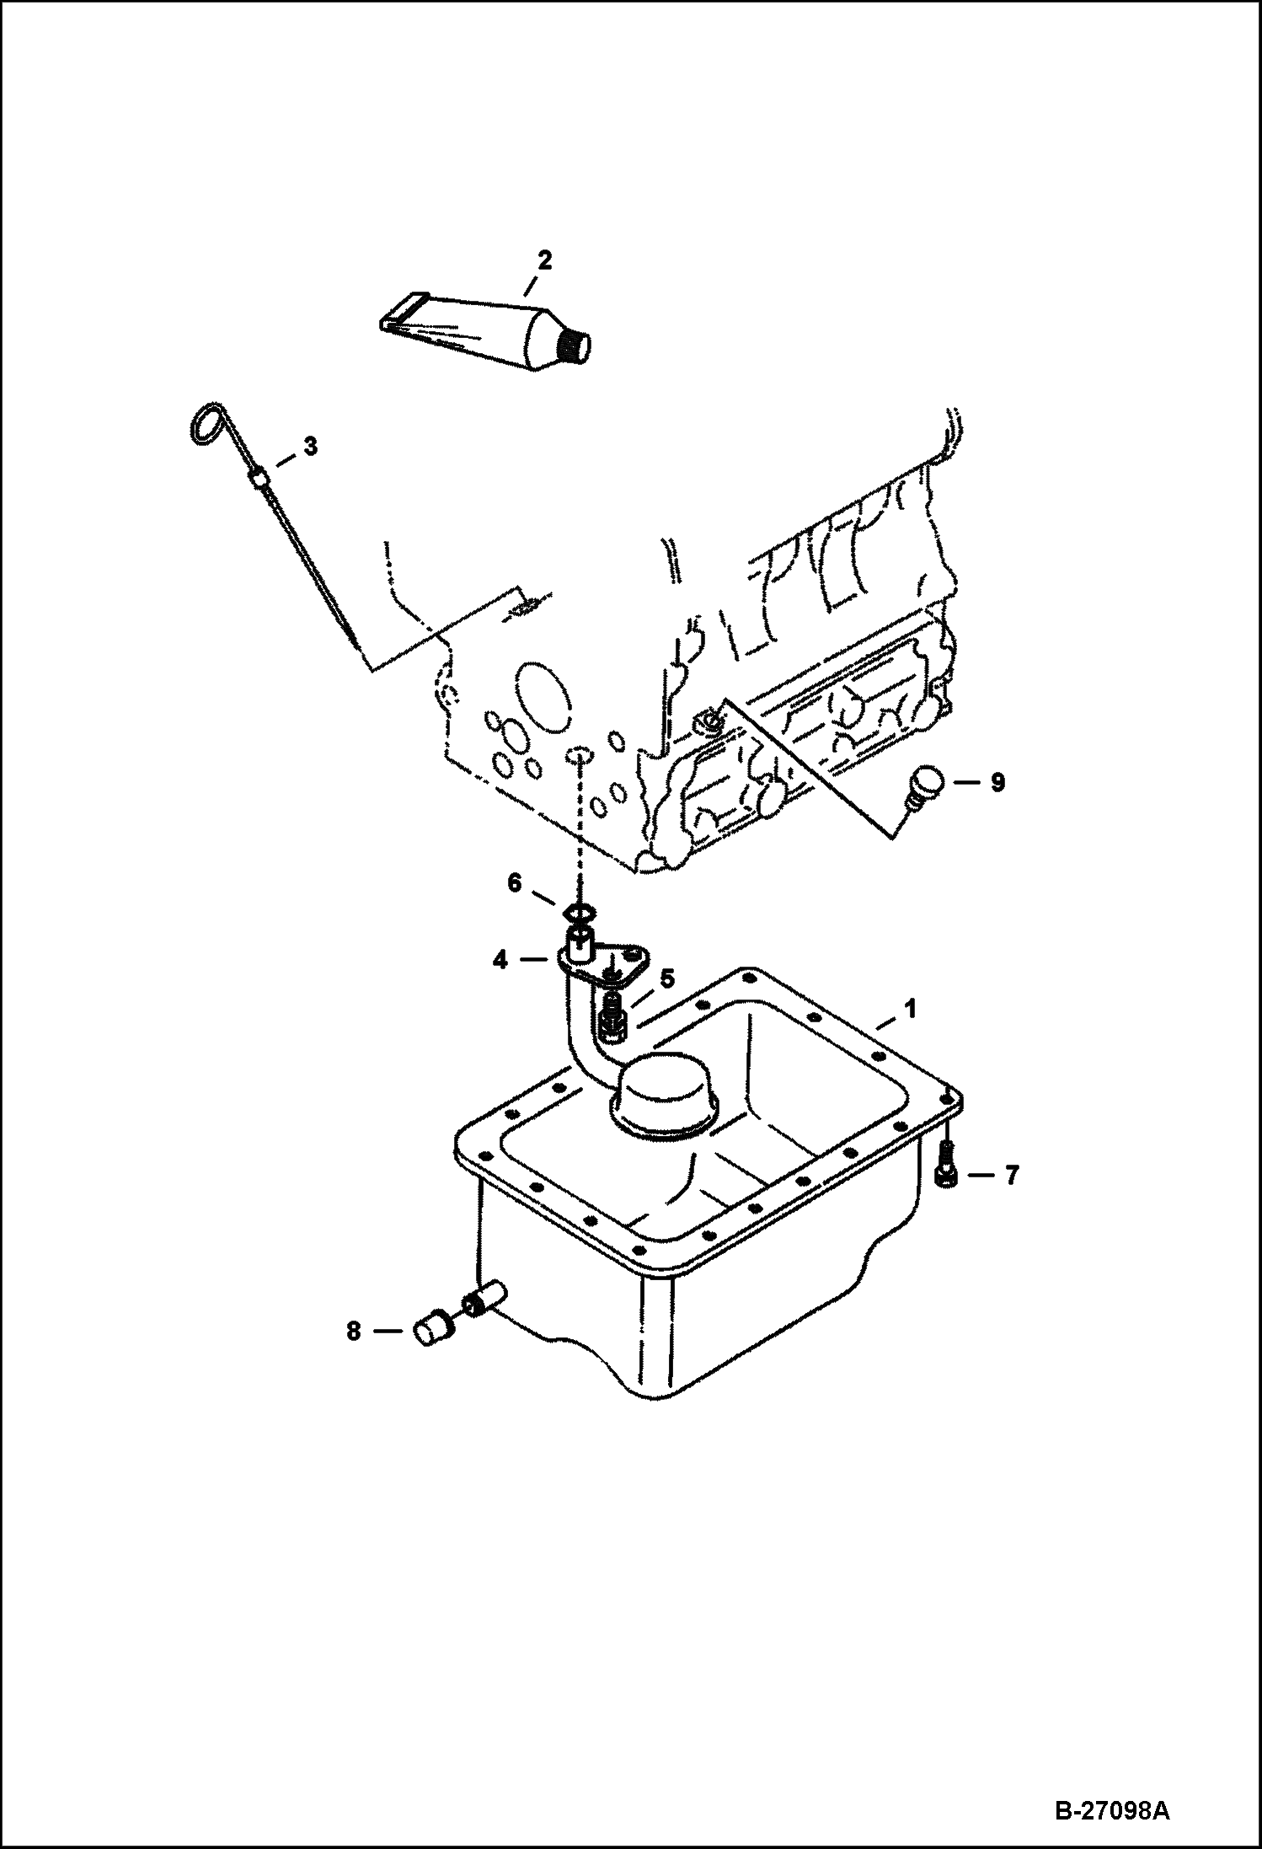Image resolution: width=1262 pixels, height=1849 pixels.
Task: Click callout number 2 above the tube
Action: click(x=544, y=261)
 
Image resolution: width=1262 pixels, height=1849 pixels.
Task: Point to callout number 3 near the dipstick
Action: click(x=310, y=448)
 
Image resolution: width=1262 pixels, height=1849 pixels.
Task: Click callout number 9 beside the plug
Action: click(x=997, y=783)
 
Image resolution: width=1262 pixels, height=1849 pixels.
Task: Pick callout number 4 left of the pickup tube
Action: click(x=500, y=959)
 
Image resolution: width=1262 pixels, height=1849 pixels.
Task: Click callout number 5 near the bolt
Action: click(x=666, y=978)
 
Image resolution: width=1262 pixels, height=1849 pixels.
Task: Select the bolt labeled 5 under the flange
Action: click(x=612, y=1016)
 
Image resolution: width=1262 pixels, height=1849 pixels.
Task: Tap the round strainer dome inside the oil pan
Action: click(x=664, y=1091)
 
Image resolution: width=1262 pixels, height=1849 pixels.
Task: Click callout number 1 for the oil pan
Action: click(x=910, y=1008)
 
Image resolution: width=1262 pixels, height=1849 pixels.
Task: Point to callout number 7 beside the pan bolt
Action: click(x=1011, y=1175)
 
